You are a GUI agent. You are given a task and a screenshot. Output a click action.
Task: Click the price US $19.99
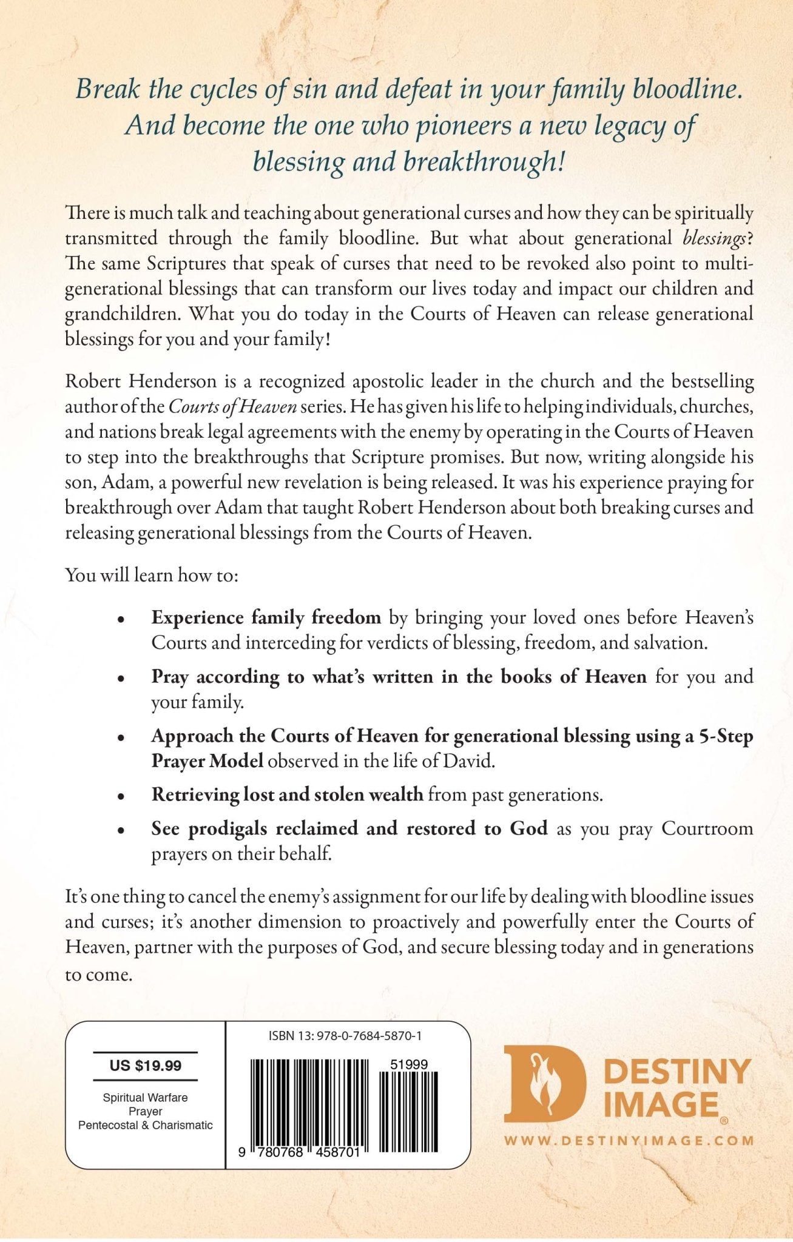(145, 1066)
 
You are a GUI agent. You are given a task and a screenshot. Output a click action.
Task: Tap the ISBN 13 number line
(345, 1036)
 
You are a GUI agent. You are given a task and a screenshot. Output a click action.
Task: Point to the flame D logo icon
(544, 1088)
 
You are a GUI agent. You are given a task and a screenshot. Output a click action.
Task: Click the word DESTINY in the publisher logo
(677, 1072)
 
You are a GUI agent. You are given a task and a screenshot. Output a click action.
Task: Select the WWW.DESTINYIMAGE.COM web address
(629, 1141)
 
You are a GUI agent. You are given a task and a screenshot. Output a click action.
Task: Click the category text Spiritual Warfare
(145, 1097)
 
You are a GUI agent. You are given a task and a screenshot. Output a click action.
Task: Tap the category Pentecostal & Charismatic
(145, 1125)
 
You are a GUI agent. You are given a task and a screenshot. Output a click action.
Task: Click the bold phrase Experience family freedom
(266, 617)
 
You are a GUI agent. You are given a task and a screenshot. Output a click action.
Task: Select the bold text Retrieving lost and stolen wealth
(287, 794)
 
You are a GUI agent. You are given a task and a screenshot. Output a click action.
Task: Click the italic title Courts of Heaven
(232, 407)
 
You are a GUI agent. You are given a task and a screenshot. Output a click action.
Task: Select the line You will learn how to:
(152, 575)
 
